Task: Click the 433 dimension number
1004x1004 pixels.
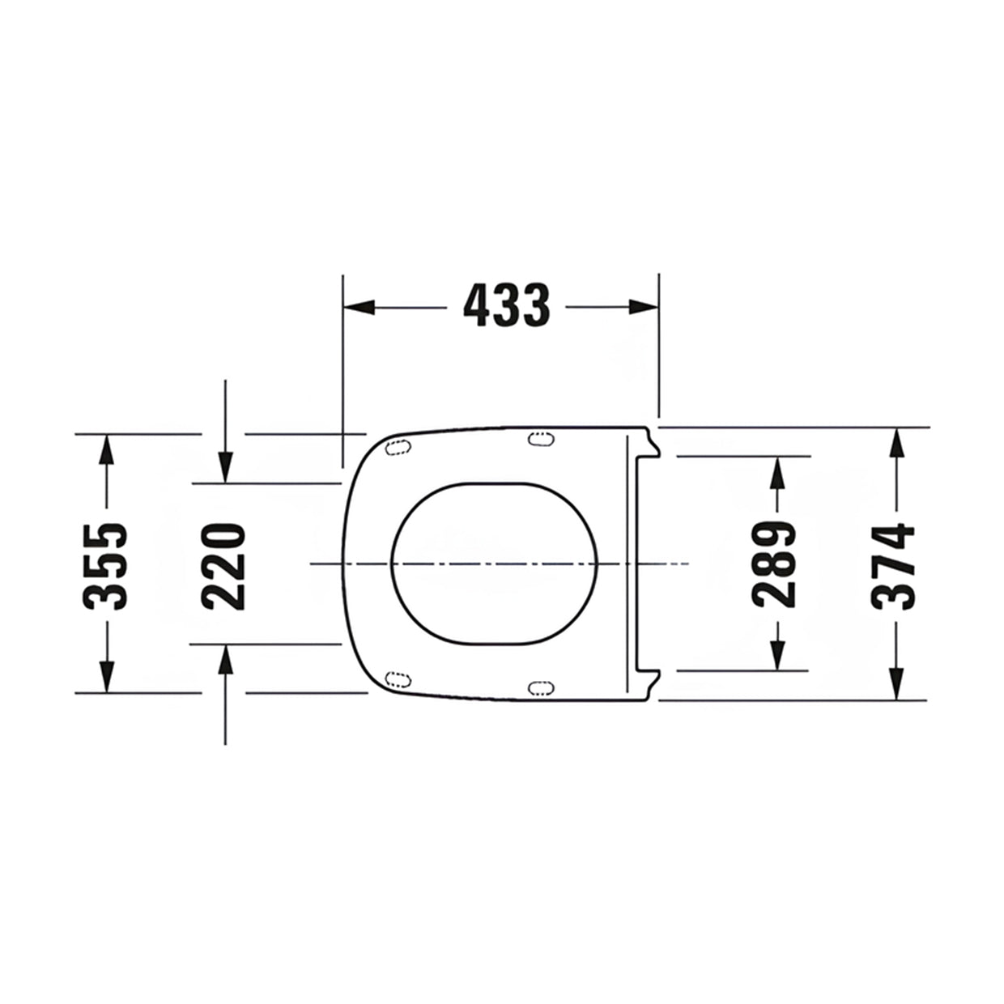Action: (506, 306)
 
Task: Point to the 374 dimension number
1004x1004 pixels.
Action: (893, 566)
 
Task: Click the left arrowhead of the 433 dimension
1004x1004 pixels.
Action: (359, 307)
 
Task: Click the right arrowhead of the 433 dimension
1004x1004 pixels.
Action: (644, 307)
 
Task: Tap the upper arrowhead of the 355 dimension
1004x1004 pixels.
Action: (106, 449)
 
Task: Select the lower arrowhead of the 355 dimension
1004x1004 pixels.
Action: (106, 677)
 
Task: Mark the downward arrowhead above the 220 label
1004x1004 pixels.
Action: (225, 467)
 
